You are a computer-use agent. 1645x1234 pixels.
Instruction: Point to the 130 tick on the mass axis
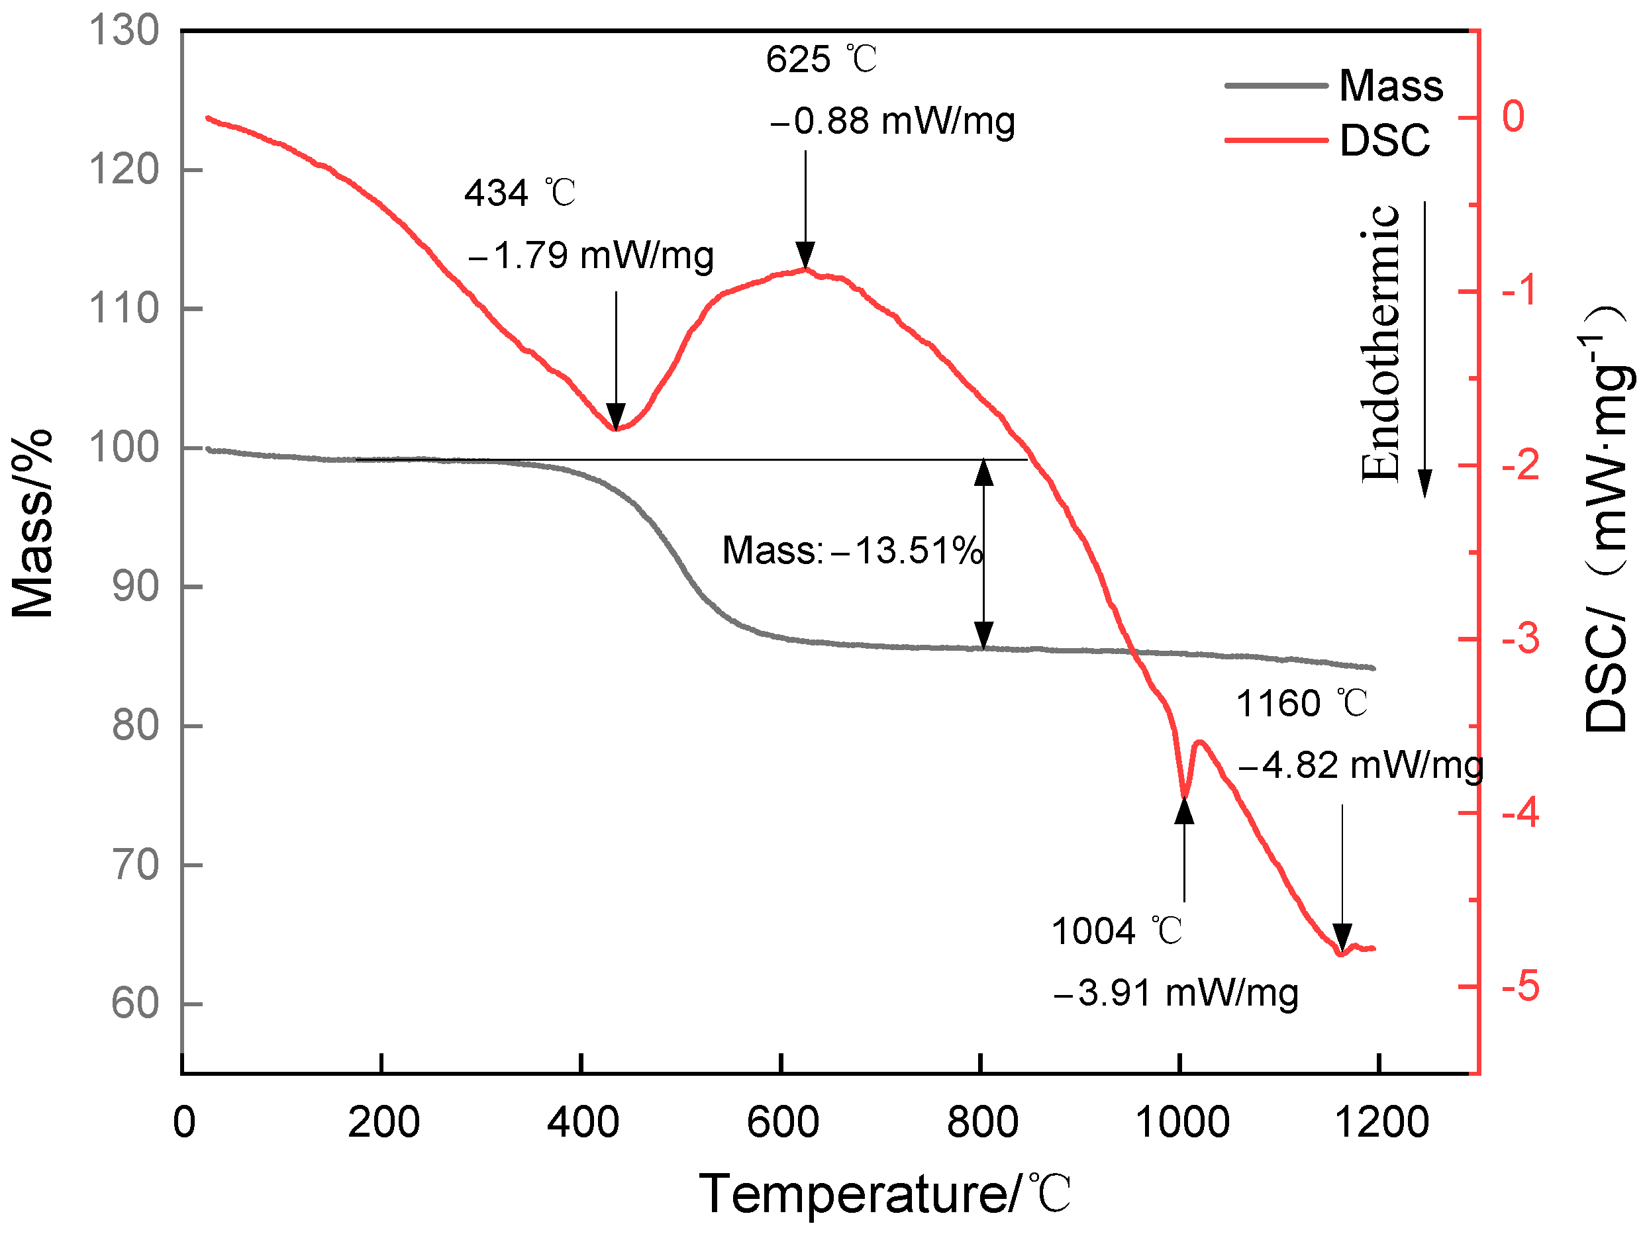point(125,31)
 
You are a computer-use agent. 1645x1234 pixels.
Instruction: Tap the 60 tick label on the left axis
point(135,1004)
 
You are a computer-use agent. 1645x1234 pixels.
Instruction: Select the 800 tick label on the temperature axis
point(982,1123)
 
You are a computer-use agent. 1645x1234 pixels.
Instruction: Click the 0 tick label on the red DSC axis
point(1513,117)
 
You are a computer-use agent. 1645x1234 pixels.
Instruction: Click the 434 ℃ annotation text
point(520,193)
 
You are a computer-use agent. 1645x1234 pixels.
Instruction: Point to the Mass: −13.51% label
point(852,551)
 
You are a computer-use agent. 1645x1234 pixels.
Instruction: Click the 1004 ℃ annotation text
point(1117,931)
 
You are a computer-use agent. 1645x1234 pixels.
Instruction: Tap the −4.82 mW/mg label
point(1360,766)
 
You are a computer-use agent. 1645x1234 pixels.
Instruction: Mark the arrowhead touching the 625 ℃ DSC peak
point(805,254)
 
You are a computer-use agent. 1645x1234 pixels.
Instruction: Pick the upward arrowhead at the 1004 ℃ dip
point(1185,811)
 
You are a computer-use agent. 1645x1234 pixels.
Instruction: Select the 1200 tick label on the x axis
point(1381,1123)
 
